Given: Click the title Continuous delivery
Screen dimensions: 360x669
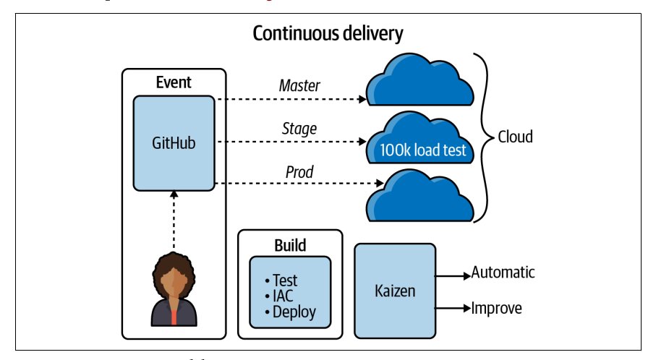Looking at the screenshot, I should [328, 33].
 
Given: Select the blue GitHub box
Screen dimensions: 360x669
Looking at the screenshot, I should [174, 143].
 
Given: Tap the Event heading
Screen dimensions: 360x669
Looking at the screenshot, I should [174, 82].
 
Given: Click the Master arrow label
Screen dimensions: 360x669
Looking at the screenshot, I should [299, 86].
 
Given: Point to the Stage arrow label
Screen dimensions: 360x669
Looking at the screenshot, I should [299, 129].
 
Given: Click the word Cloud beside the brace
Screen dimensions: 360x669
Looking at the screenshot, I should [515, 137].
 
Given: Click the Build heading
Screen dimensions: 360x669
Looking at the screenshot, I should [289, 245].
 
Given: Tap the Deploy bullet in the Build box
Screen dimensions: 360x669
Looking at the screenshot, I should [290, 312].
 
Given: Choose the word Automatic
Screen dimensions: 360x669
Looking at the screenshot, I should [503, 273].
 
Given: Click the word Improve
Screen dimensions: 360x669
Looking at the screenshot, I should [496, 309].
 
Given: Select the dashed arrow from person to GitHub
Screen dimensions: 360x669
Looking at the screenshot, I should [174, 221].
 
